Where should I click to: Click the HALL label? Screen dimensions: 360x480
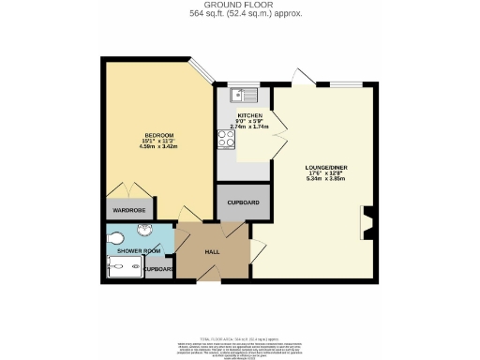coord(213,252)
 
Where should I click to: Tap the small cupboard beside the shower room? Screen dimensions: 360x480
coord(159,269)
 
